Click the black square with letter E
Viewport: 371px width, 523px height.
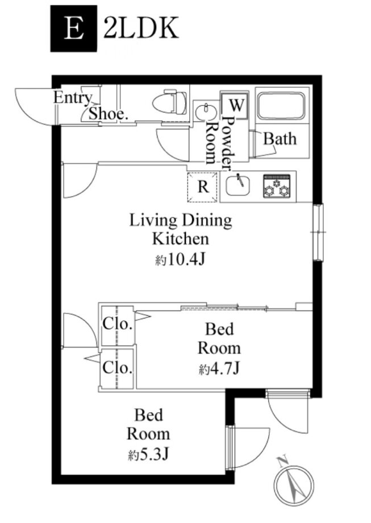coord(74,28)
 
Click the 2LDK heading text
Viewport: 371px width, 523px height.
coord(141,28)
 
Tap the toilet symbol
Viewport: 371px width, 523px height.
coord(169,102)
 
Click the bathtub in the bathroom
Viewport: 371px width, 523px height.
coord(281,106)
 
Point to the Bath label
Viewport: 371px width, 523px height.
coord(280,139)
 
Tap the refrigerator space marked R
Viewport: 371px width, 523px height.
coord(203,187)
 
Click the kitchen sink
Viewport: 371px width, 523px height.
coord(238,185)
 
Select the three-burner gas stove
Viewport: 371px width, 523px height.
coord(276,186)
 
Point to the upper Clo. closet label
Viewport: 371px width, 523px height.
coord(118,323)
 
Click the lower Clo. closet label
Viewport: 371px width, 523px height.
coord(118,368)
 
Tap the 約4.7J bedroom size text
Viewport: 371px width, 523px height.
coord(219,369)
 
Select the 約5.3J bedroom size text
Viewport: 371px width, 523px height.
coord(149,454)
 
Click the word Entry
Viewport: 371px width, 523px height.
coord(73,98)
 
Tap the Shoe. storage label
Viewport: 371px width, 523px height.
coord(109,114)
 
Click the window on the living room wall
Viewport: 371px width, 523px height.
coord(318,232)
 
